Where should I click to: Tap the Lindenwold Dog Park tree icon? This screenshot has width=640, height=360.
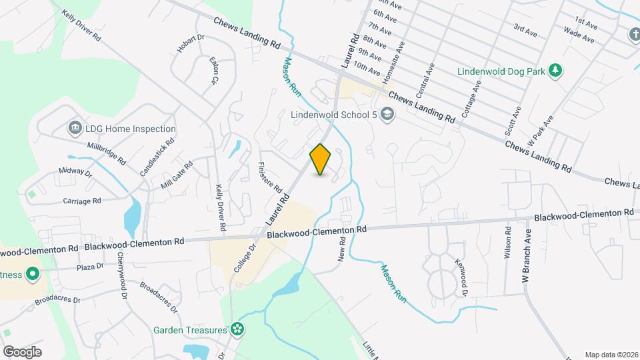[x=554, y=71]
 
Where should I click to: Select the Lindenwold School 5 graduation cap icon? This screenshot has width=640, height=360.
[x=388, y=115]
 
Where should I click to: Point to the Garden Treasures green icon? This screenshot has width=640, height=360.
[x=236, y=329]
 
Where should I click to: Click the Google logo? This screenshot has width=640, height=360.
[x=22, y=351]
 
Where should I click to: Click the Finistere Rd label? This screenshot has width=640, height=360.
[x=270, y=176]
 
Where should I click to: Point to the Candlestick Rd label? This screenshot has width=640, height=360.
[x=157, y=157]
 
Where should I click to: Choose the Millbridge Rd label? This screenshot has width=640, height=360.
[x=106, y=152]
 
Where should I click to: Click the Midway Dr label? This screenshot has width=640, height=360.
[x=75, y=173]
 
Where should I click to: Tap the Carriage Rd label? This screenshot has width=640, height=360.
[x=81, y=201]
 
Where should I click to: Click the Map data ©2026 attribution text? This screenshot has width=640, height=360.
[x=611, y=355]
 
